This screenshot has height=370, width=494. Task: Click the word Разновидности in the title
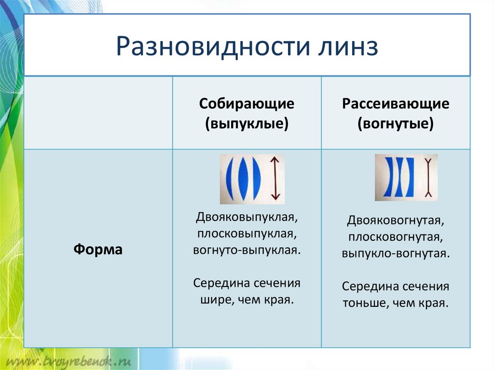[x=213, y=47]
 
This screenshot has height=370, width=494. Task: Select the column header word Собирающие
[x=247, y=104]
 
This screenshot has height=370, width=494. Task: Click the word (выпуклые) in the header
[x=247, y=123]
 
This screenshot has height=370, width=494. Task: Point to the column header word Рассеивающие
[x=396, y=104]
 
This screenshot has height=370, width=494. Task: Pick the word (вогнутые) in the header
[x=396, y=123]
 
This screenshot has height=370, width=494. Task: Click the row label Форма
[x=98, y=249]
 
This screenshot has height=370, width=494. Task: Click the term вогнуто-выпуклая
[x=247, y=250]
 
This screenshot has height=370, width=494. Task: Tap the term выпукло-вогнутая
[x=396, y=253]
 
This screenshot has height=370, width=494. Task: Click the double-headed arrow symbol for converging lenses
[x=275, y=178]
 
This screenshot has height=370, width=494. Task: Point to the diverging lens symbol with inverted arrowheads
[x=428, y=178]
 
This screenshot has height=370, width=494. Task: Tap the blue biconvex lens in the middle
[x=243, y=179]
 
